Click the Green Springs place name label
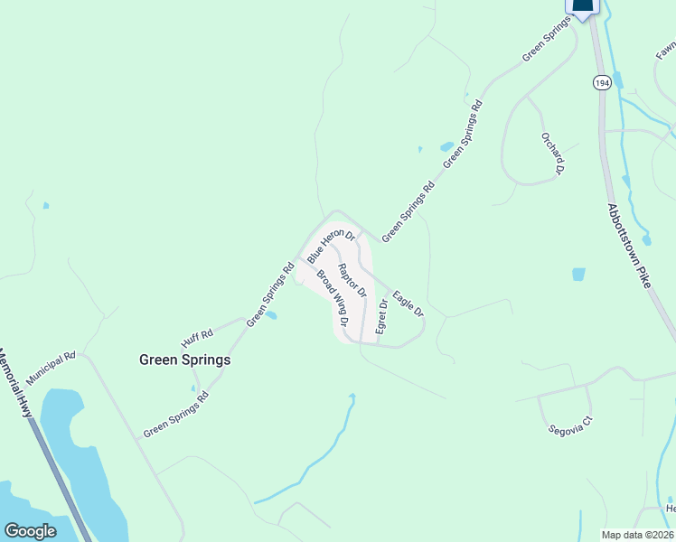[x=184, y=360]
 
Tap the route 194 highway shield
[x=601, y=82]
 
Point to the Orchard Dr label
[x=553, y=153]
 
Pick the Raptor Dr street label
[x=351, y=280]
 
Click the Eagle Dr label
[x=407, y=302]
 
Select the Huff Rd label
[x=196, y=338]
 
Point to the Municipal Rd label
[x=51, y=367]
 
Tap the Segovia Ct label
[x=568, y=425]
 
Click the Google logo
[x=30, y=531]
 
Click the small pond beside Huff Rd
[x=271, y=316]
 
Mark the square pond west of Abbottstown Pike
[x=578, y=274]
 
